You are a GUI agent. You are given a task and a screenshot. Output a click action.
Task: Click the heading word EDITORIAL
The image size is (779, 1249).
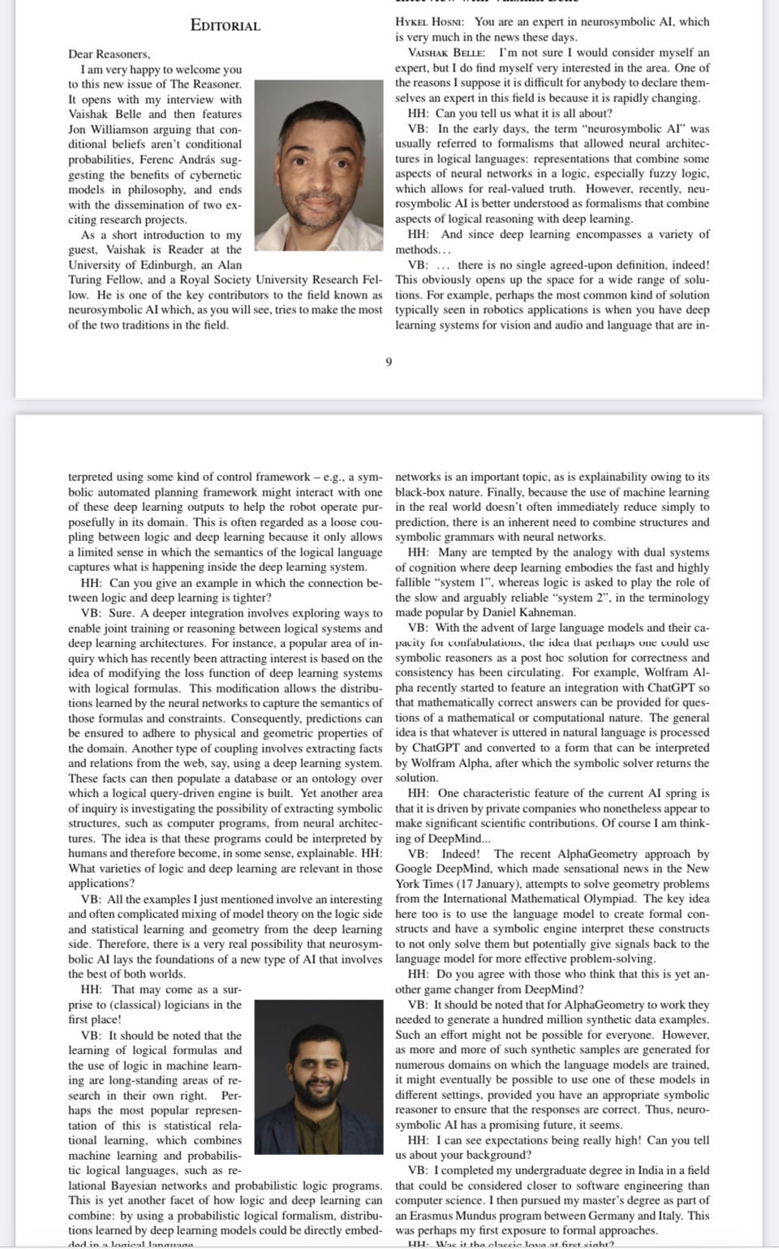pos(225,25)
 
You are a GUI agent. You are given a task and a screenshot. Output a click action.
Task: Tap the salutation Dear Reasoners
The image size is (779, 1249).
pos(109,54)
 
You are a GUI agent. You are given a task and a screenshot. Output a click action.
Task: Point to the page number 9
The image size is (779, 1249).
pos(388,362)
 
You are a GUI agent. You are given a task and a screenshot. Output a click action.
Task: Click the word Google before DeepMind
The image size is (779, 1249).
pos(414,869)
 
